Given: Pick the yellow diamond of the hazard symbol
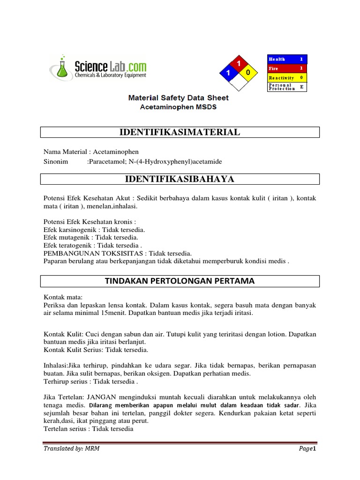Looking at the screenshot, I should pos(248,73).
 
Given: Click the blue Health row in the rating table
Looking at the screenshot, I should pos(287,59).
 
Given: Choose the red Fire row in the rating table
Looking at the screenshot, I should pos(287,68).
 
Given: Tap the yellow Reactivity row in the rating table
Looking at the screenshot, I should pos(287,77).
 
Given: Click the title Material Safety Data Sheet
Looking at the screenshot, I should pos(179,98).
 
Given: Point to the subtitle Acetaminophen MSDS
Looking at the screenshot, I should pos(179,107).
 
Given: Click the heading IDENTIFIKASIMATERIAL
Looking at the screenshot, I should pos(180,132).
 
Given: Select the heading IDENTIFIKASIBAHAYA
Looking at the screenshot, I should pos(180,179).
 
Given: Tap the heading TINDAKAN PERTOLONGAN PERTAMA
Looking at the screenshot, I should pos(180,281).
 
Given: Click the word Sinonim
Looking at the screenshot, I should pos(56,161).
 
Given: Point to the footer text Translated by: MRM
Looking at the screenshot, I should pos(71,449).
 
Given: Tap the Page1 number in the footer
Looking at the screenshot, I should pos(308,449).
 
